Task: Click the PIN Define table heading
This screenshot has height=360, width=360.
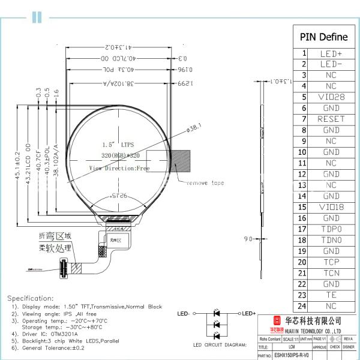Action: click(327, 37)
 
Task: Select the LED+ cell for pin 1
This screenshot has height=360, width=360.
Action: click(331, 53)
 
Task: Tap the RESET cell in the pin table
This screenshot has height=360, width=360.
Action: click(331, 119)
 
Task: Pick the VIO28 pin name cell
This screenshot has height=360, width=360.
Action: click(331, 97)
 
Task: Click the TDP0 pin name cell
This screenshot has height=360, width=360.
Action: click(331, 229)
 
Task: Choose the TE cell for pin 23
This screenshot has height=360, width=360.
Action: click(331, 295)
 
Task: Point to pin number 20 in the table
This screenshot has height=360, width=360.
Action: click(304, 262)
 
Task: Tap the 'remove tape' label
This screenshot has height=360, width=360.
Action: click(205, 182)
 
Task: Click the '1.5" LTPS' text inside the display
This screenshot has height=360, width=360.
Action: click(118, 145)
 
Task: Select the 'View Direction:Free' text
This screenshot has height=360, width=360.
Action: click(119, 169)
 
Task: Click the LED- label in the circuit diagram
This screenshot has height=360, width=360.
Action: click(184, 313)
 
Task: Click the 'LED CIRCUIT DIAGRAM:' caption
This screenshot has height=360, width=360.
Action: click(220, 345)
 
